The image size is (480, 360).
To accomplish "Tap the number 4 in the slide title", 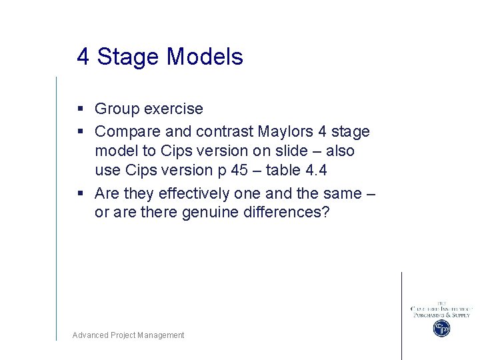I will click(x=83, y=57).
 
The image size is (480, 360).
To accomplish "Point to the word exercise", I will click(x=173, y=109).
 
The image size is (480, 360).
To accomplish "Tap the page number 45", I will click(x=239, y=170).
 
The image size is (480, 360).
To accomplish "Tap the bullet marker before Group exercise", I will click(x=79, y=109).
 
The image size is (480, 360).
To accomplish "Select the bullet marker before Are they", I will click(x=79, y=193).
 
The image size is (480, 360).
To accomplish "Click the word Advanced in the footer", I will click(x=90, y=335).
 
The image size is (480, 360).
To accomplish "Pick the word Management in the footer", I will click(x=161, y=335).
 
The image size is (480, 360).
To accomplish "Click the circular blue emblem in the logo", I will click(x=441, y=328).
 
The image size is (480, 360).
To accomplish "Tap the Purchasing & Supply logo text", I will click(x=441, y=315).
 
